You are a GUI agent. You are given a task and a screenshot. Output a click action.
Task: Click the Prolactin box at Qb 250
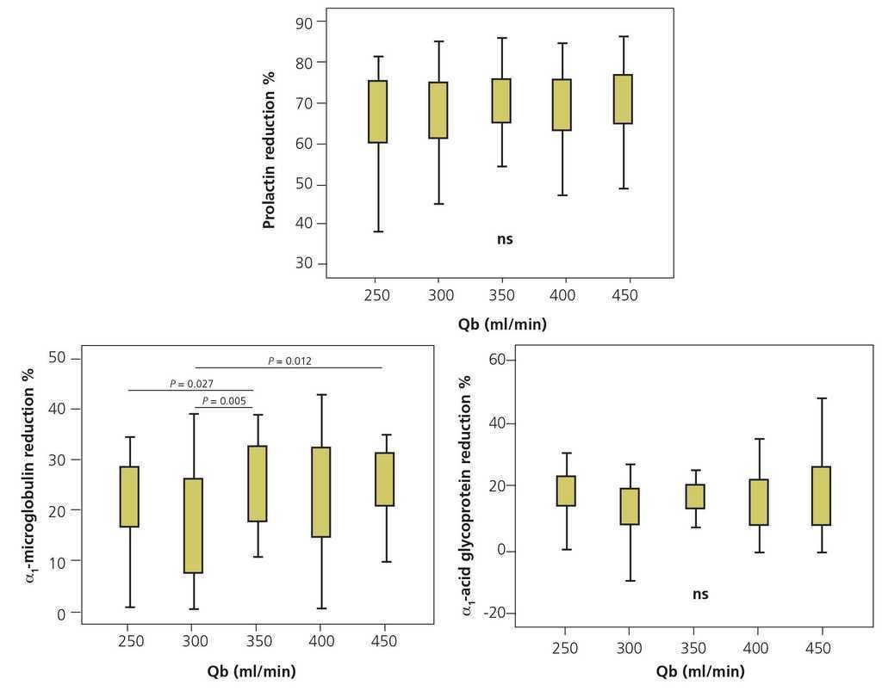click(377, 111)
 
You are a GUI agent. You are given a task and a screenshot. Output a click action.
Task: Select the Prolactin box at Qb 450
click(624, 99)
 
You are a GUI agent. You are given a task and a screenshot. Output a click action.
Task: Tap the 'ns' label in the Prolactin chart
click(505, 239)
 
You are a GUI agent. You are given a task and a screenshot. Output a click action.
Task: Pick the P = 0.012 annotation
click(289, 361)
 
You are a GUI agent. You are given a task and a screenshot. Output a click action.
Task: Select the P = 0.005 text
click(224, 401)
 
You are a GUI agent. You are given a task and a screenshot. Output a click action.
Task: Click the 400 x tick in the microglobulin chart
click(321, 641)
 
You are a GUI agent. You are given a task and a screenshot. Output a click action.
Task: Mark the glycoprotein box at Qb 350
click(695, 497)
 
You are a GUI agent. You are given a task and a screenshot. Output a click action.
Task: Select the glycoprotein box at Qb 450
click(821, 496)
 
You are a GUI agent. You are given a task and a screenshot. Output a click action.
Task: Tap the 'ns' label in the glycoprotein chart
click(700, 594)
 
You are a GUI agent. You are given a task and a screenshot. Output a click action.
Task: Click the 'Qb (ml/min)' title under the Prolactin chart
click(502, 324)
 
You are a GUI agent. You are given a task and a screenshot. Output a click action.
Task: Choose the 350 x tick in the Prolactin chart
click(501, 295)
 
